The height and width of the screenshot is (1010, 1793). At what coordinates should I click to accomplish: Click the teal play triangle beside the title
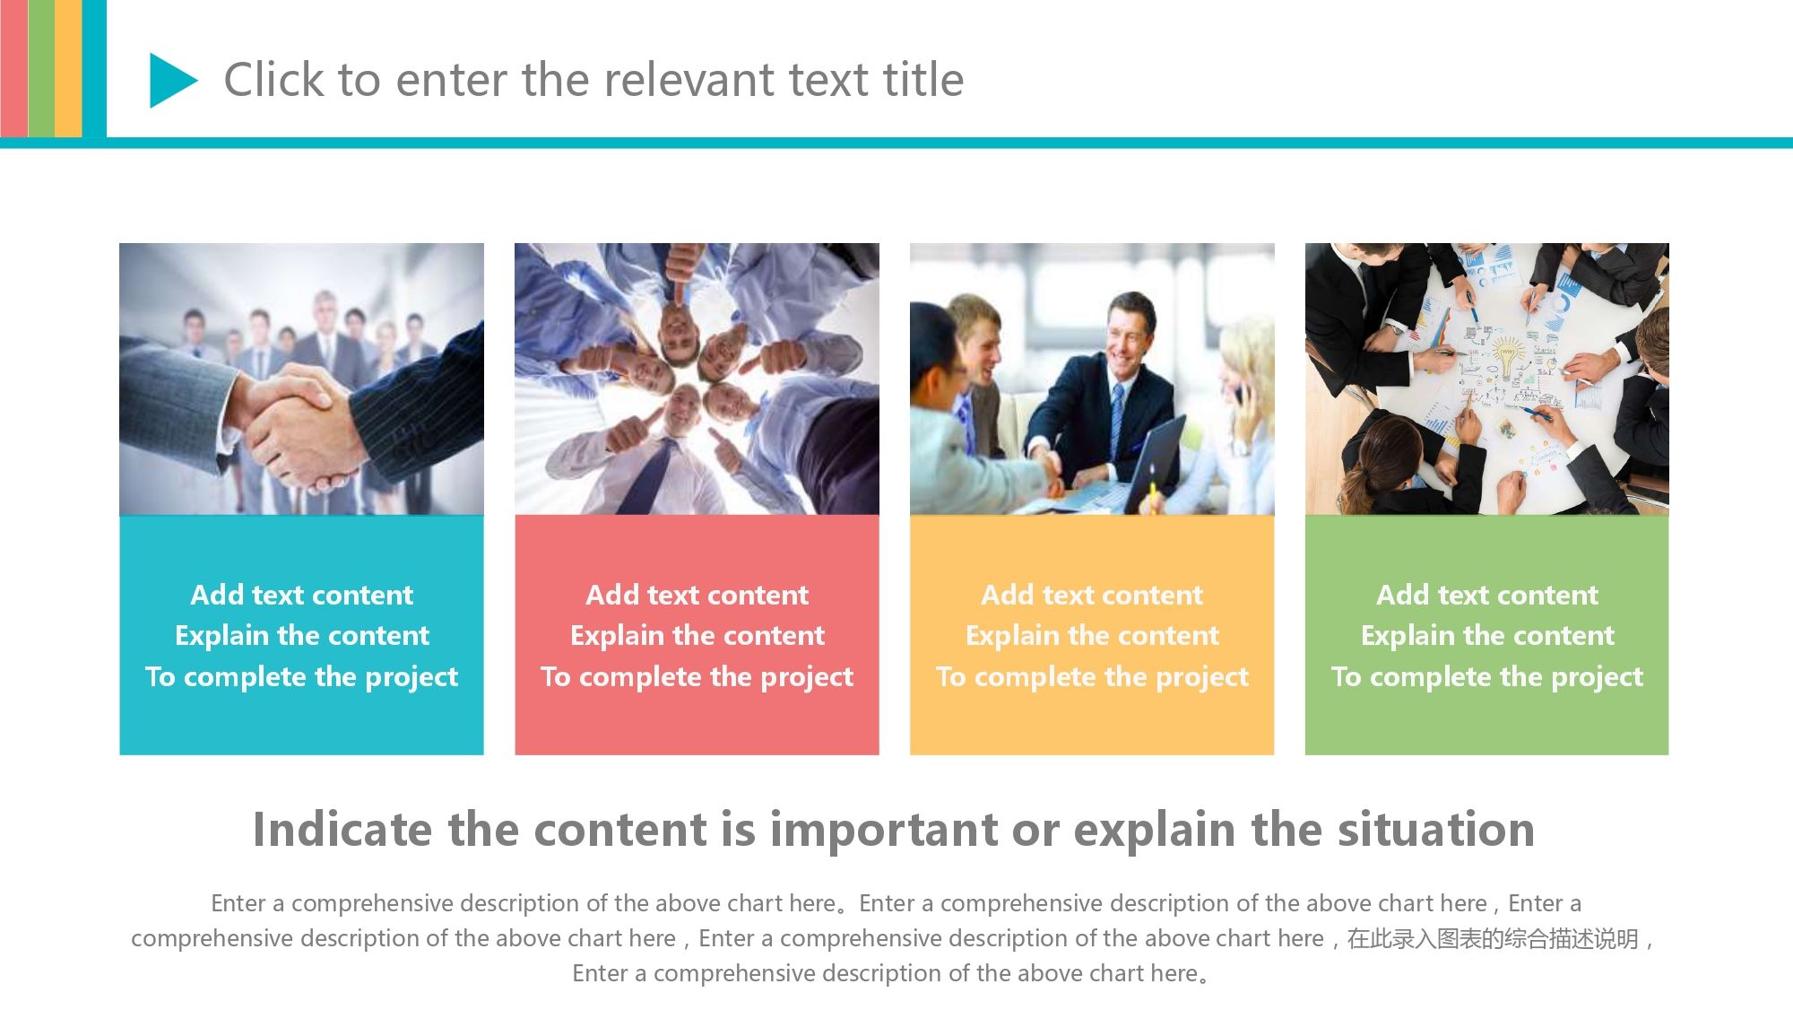tap(170, 81)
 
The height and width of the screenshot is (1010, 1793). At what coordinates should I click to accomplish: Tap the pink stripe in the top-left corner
tap(13, 69)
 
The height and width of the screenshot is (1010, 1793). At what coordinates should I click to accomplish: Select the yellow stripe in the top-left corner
tap(68, 69)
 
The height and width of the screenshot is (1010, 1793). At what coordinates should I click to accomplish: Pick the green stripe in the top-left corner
tap(41, 69)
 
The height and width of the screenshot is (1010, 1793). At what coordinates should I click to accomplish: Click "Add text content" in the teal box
tap(301, 595)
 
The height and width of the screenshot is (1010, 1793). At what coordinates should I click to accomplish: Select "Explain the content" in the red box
tap(697, 636)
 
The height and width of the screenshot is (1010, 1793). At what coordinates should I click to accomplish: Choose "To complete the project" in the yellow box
tap(1092, 677)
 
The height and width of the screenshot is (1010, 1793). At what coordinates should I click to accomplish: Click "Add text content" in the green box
tap(1487, 595)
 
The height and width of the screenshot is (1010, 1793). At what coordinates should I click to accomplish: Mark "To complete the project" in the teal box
tap(301, 677)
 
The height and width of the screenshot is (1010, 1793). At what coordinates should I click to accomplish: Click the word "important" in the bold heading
tap(883, 830)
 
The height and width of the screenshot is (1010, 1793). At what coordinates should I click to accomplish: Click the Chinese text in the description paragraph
tap(1493, 939)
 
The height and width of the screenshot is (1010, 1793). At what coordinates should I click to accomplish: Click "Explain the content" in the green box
tap(1487, 636)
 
